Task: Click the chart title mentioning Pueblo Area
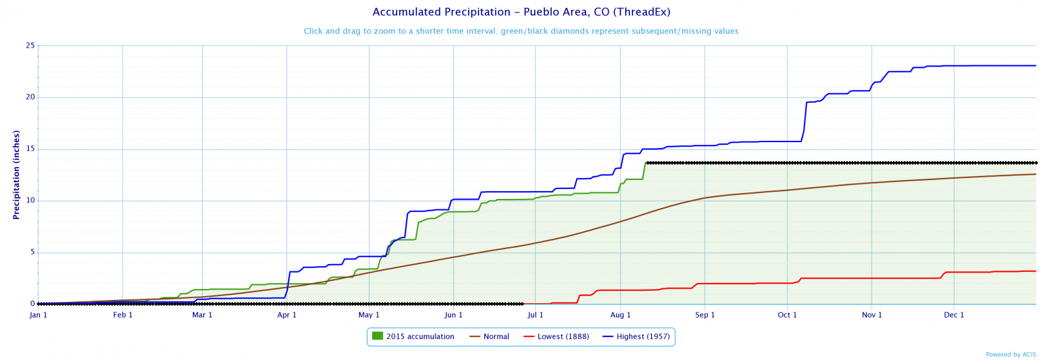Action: click(521, 12)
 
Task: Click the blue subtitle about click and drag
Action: click(521, 31)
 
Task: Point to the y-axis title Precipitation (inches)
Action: click(17, 175)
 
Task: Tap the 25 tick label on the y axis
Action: click(30, 46)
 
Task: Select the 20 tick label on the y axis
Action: click(30, 98)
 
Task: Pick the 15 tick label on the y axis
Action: click(30, 149)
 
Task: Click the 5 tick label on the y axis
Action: click(32, 252)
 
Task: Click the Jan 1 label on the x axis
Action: click(38, 315)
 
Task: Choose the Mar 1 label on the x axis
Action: click(202, 315)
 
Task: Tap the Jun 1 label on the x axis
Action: click(454, 315)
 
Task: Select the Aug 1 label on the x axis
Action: click(621, 315)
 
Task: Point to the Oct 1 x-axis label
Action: click(787, 315)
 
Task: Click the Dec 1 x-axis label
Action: click(954, 315)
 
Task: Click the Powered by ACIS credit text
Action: click(1010, 355)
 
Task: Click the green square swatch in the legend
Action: click(377, 336)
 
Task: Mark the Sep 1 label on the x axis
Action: click(705, 315)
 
